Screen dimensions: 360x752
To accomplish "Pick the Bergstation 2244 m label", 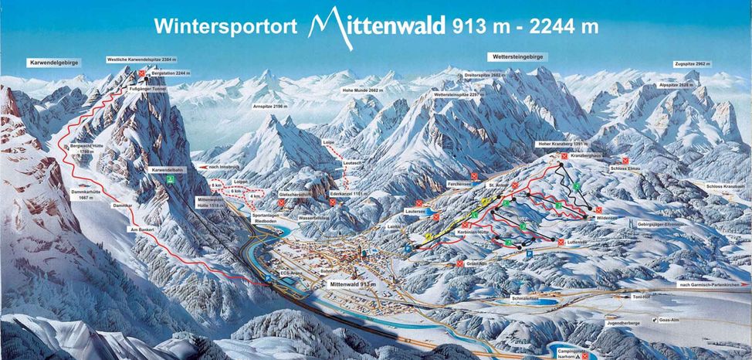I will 171,73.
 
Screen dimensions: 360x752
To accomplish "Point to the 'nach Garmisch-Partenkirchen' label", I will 712,285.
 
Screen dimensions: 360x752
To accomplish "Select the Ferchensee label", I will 459,184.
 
